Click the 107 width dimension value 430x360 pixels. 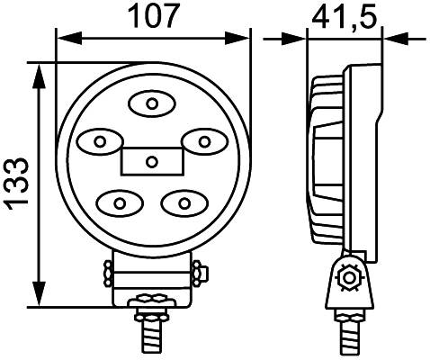click(x=152, y=15)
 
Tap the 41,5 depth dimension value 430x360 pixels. click(x=344, y=15)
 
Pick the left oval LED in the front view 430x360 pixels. click(x=100, y=141)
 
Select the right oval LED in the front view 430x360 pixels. click(x=203, y=141)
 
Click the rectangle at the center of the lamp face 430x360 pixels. click(x=152, y=161)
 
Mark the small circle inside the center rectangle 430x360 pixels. click(x=152, y=162)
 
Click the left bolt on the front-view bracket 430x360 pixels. click(x=107, y=271)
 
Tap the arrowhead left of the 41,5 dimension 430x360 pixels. click(x=296, y=38)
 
